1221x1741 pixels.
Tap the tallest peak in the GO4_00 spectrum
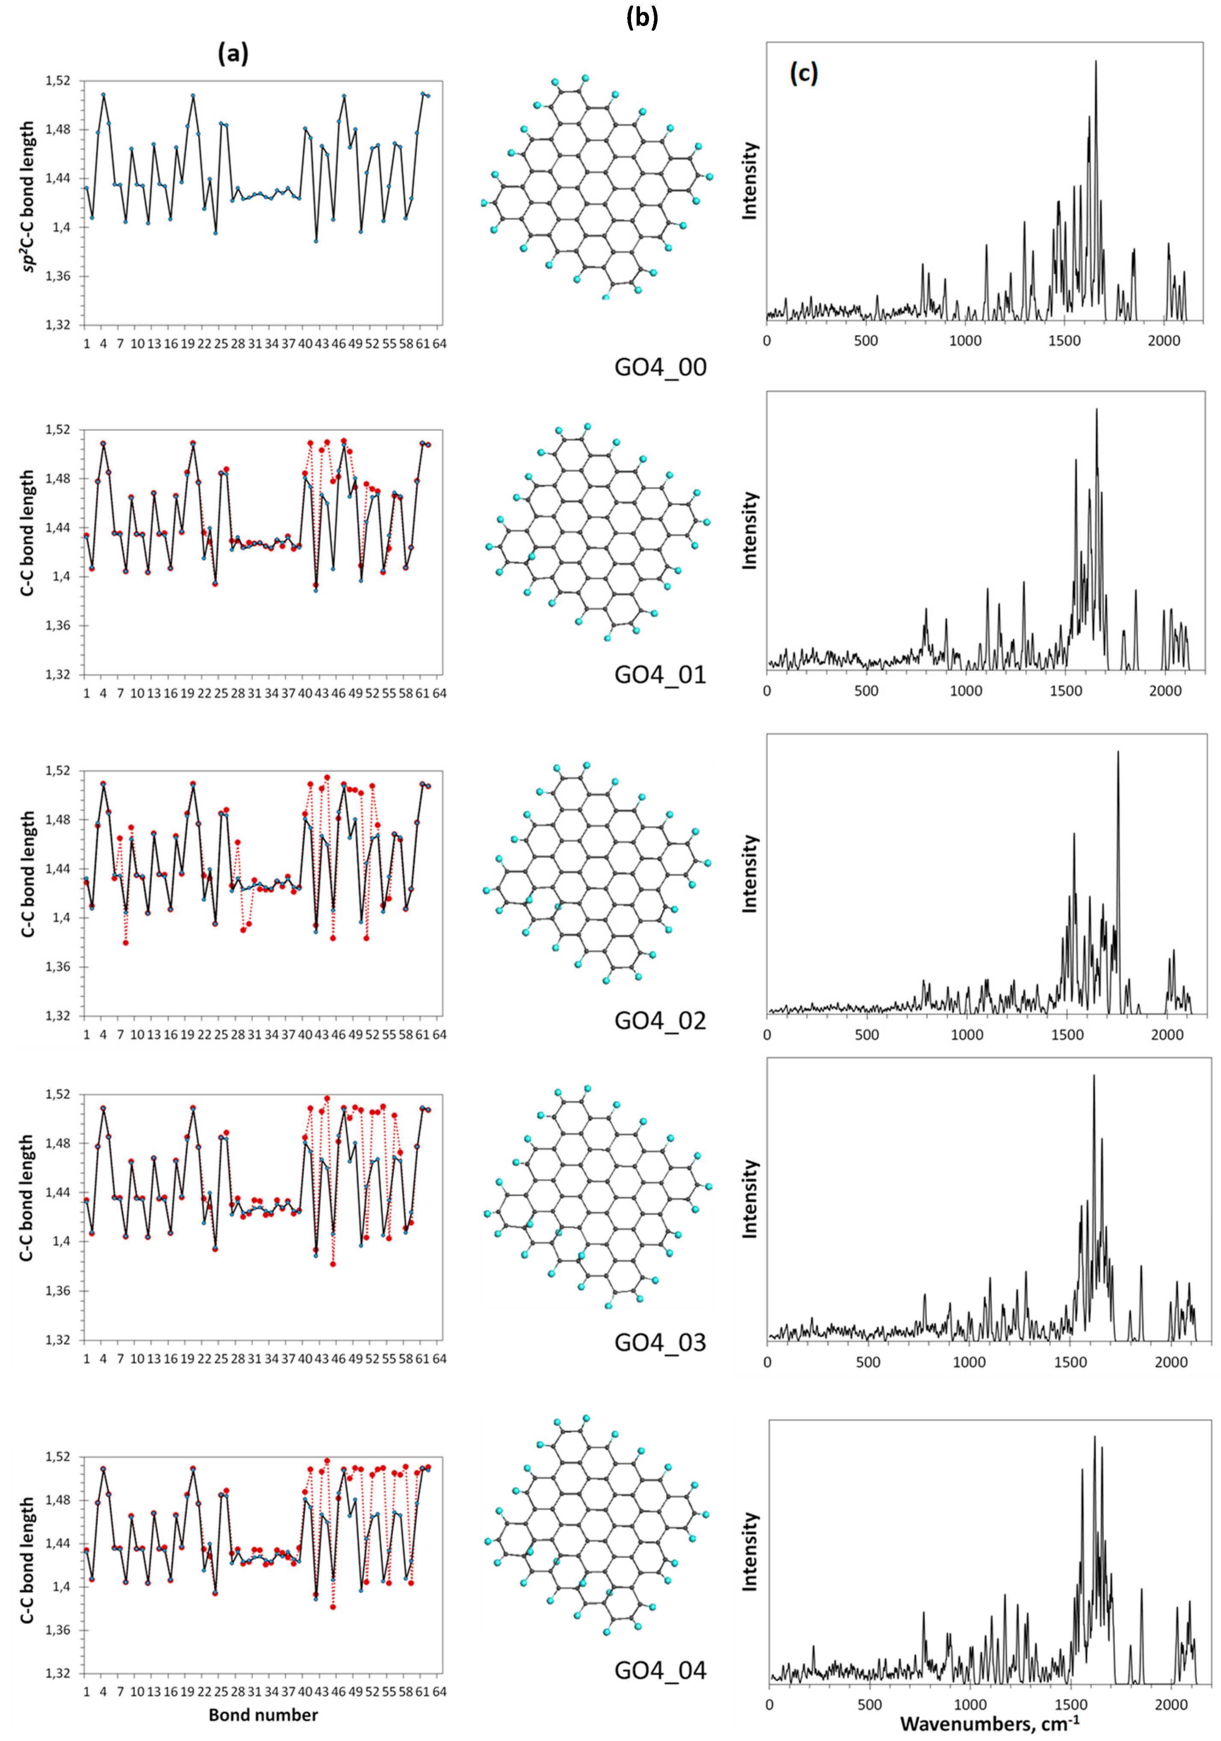[1096, 62]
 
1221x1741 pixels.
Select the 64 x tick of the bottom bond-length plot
[439, 1692]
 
